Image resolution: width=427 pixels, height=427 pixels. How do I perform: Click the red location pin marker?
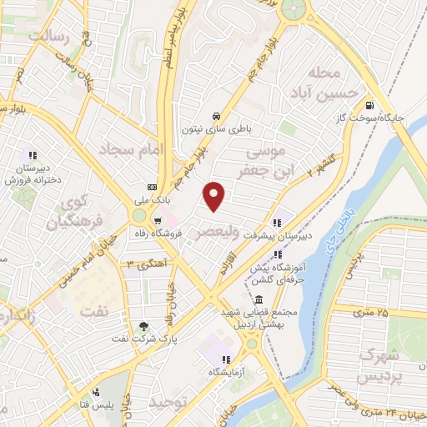pos(215,197)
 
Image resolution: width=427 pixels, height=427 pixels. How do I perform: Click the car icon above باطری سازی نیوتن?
pos(217,115)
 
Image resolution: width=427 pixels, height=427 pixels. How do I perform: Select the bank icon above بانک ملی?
pos(152,187)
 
